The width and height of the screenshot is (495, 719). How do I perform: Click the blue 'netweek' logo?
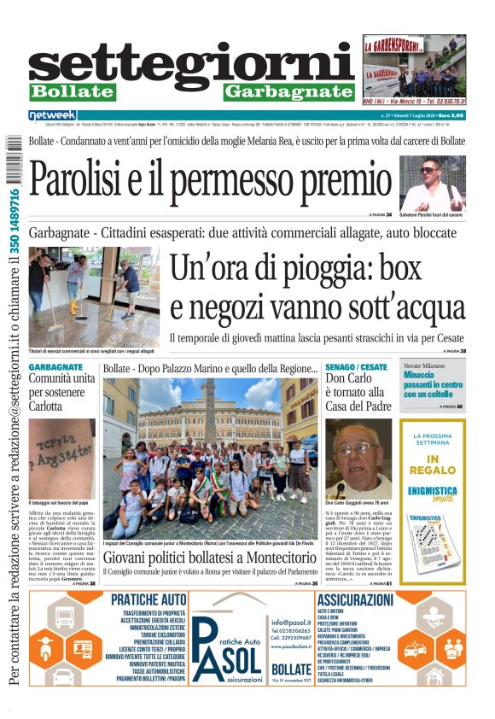click(53, 115)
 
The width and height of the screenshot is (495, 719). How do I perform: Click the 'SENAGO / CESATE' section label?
click(356, 367)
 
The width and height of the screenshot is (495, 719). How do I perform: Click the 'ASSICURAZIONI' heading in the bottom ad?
click(354, 600)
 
